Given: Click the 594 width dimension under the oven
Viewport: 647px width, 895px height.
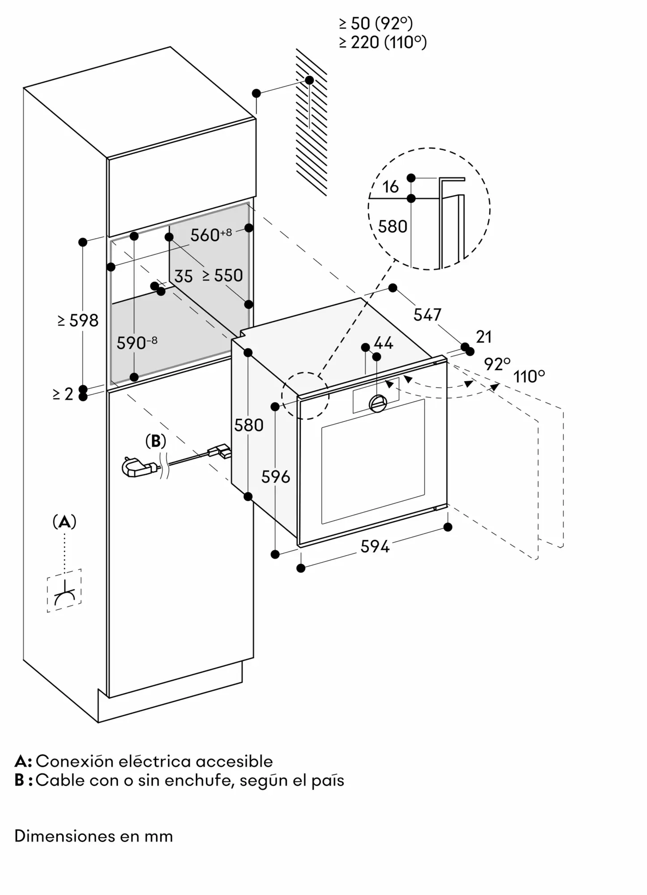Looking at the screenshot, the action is pos(375,546).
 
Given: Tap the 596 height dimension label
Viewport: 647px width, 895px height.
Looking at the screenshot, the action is pos(276,477).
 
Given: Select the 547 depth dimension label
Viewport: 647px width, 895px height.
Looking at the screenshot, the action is pos(427,315).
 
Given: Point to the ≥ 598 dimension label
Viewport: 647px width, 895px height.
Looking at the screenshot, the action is pos(78,320).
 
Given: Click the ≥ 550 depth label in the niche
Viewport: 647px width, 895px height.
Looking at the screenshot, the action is pos(222,275).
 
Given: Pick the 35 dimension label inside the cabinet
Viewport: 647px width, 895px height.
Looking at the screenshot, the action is pos(183,277).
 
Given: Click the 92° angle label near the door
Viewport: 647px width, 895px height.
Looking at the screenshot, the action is pos(497,364).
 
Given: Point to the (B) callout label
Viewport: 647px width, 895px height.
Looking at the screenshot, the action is pos(156,441).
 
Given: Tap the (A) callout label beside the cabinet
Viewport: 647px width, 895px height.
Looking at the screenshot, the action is pos(64,522).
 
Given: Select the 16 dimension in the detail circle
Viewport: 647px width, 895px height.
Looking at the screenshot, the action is pos(391,187).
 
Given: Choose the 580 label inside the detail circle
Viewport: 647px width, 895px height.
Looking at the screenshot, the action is pos(392,226).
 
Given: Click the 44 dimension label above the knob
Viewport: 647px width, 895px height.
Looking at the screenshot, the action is pos(383,343).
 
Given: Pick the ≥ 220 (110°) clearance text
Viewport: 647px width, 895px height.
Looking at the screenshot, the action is pos(383,43).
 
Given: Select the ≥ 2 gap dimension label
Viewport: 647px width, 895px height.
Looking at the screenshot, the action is pos(63,394).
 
